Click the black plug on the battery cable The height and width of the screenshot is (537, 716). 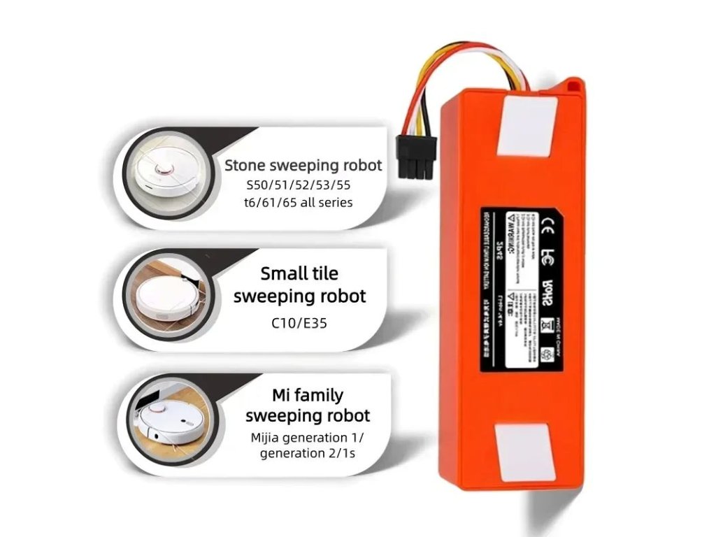[417, 160]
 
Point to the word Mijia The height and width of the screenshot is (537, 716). [270, 438]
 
